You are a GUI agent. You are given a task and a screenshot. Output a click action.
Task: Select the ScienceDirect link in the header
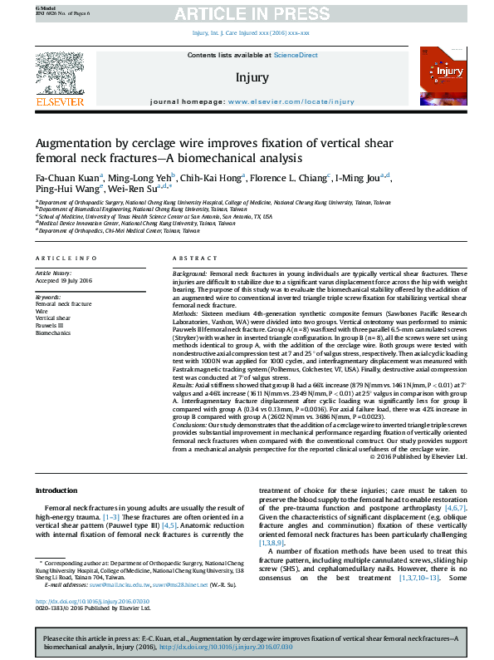click(x=296, y=55)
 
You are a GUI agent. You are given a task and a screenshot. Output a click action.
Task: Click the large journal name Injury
click(x=252, y=77)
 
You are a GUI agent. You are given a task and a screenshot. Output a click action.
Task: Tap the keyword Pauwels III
click(x=51, y=325)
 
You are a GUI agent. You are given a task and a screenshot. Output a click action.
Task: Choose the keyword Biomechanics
click(x=53, y=332)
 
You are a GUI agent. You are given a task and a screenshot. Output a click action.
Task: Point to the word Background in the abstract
click(x=190, y=273)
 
